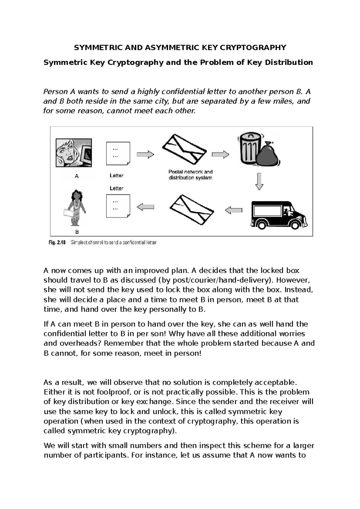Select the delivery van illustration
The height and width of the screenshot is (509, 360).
pos(279,215)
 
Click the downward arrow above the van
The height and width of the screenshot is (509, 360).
pos(259,181)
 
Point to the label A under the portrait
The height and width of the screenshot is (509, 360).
pos(77,176)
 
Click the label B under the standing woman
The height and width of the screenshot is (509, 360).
pos(77,232)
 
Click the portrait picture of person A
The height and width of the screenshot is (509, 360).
pos(74,153)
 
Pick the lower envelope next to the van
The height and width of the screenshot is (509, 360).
pos(191,209)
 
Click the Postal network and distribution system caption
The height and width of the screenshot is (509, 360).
pos(190,175)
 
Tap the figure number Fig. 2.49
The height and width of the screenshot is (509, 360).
pos(57,242)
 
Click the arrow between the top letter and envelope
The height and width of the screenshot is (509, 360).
pos(145,155)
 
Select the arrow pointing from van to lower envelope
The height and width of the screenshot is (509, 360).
pos(234,210)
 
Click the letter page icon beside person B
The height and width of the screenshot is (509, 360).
pos(118,206)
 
